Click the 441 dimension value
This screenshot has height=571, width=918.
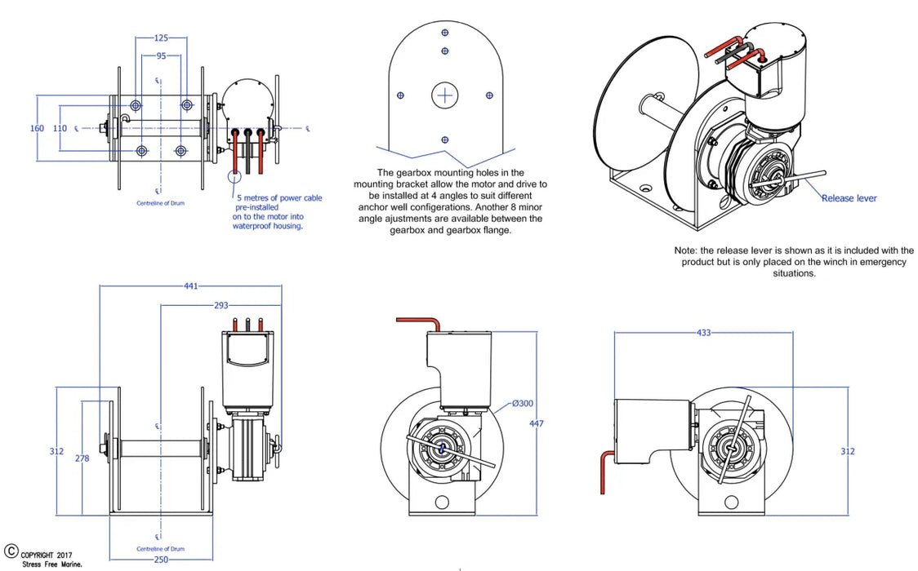190,286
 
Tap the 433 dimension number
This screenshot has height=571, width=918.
703,333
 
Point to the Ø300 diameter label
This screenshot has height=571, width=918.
523,404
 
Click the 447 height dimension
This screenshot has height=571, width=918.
536,423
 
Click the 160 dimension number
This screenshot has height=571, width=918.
38,128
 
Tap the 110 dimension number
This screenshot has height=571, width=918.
60,128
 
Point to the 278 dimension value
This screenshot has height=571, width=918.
82,458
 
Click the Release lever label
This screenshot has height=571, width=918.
849,198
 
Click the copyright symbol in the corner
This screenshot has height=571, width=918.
11,551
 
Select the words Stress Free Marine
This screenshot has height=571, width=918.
52,564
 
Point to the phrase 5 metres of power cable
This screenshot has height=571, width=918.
279,198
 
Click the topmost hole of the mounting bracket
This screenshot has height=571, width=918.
444,33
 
